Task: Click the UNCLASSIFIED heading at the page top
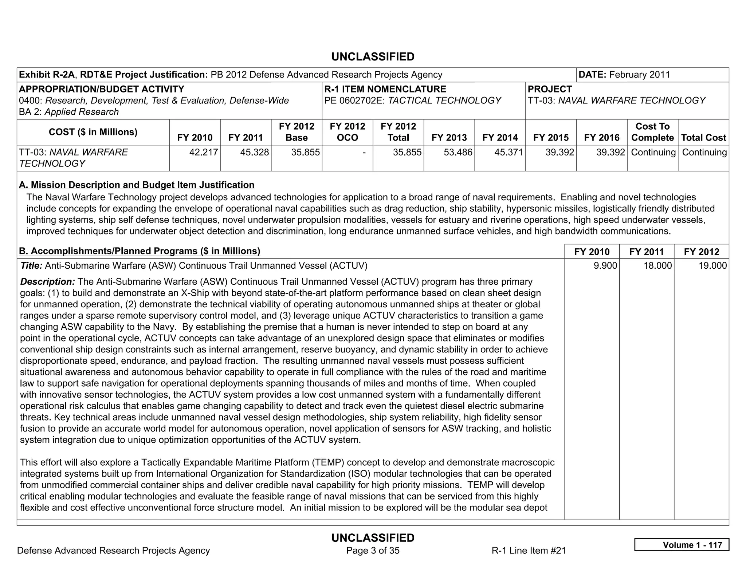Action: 373,57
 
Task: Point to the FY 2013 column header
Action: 449,138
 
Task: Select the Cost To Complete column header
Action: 652,132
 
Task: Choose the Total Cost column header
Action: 703,138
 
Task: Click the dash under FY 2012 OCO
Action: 364,152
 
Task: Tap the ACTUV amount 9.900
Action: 605,265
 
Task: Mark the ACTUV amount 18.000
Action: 657,265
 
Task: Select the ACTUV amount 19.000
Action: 712,265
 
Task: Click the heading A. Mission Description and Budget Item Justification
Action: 137,185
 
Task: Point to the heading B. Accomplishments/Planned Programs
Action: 140,251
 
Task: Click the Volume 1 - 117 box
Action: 682,545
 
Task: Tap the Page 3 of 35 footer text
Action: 373,551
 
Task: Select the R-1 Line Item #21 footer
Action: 529,551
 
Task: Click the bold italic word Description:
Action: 47,281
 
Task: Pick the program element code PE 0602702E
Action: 354,100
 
